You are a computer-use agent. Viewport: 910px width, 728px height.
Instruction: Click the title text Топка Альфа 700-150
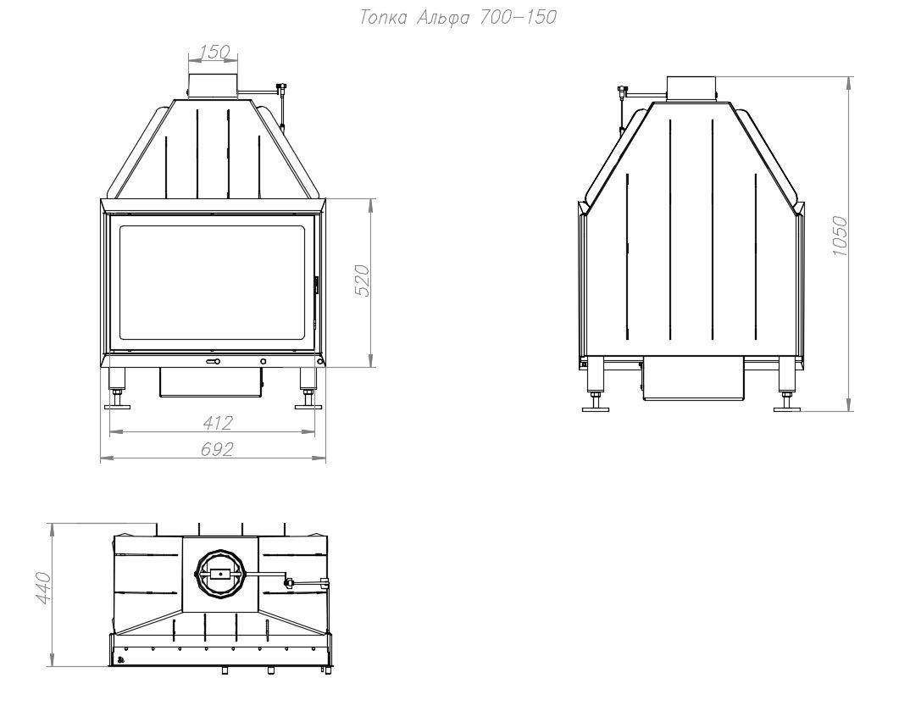point(458,18)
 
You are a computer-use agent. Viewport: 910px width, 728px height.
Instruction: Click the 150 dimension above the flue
point(214,53)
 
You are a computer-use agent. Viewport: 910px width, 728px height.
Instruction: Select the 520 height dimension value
point(362,281)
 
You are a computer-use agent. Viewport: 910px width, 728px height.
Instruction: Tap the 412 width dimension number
point(218,423)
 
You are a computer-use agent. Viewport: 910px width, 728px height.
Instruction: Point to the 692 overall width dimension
point(217,449)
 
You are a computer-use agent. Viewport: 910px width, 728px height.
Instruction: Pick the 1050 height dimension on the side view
point(839,236)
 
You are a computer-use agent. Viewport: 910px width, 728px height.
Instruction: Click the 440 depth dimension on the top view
point(44,587)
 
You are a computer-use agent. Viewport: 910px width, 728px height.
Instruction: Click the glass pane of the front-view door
point(213,283)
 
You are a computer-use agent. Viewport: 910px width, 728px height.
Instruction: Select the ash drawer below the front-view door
point(211,382)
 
